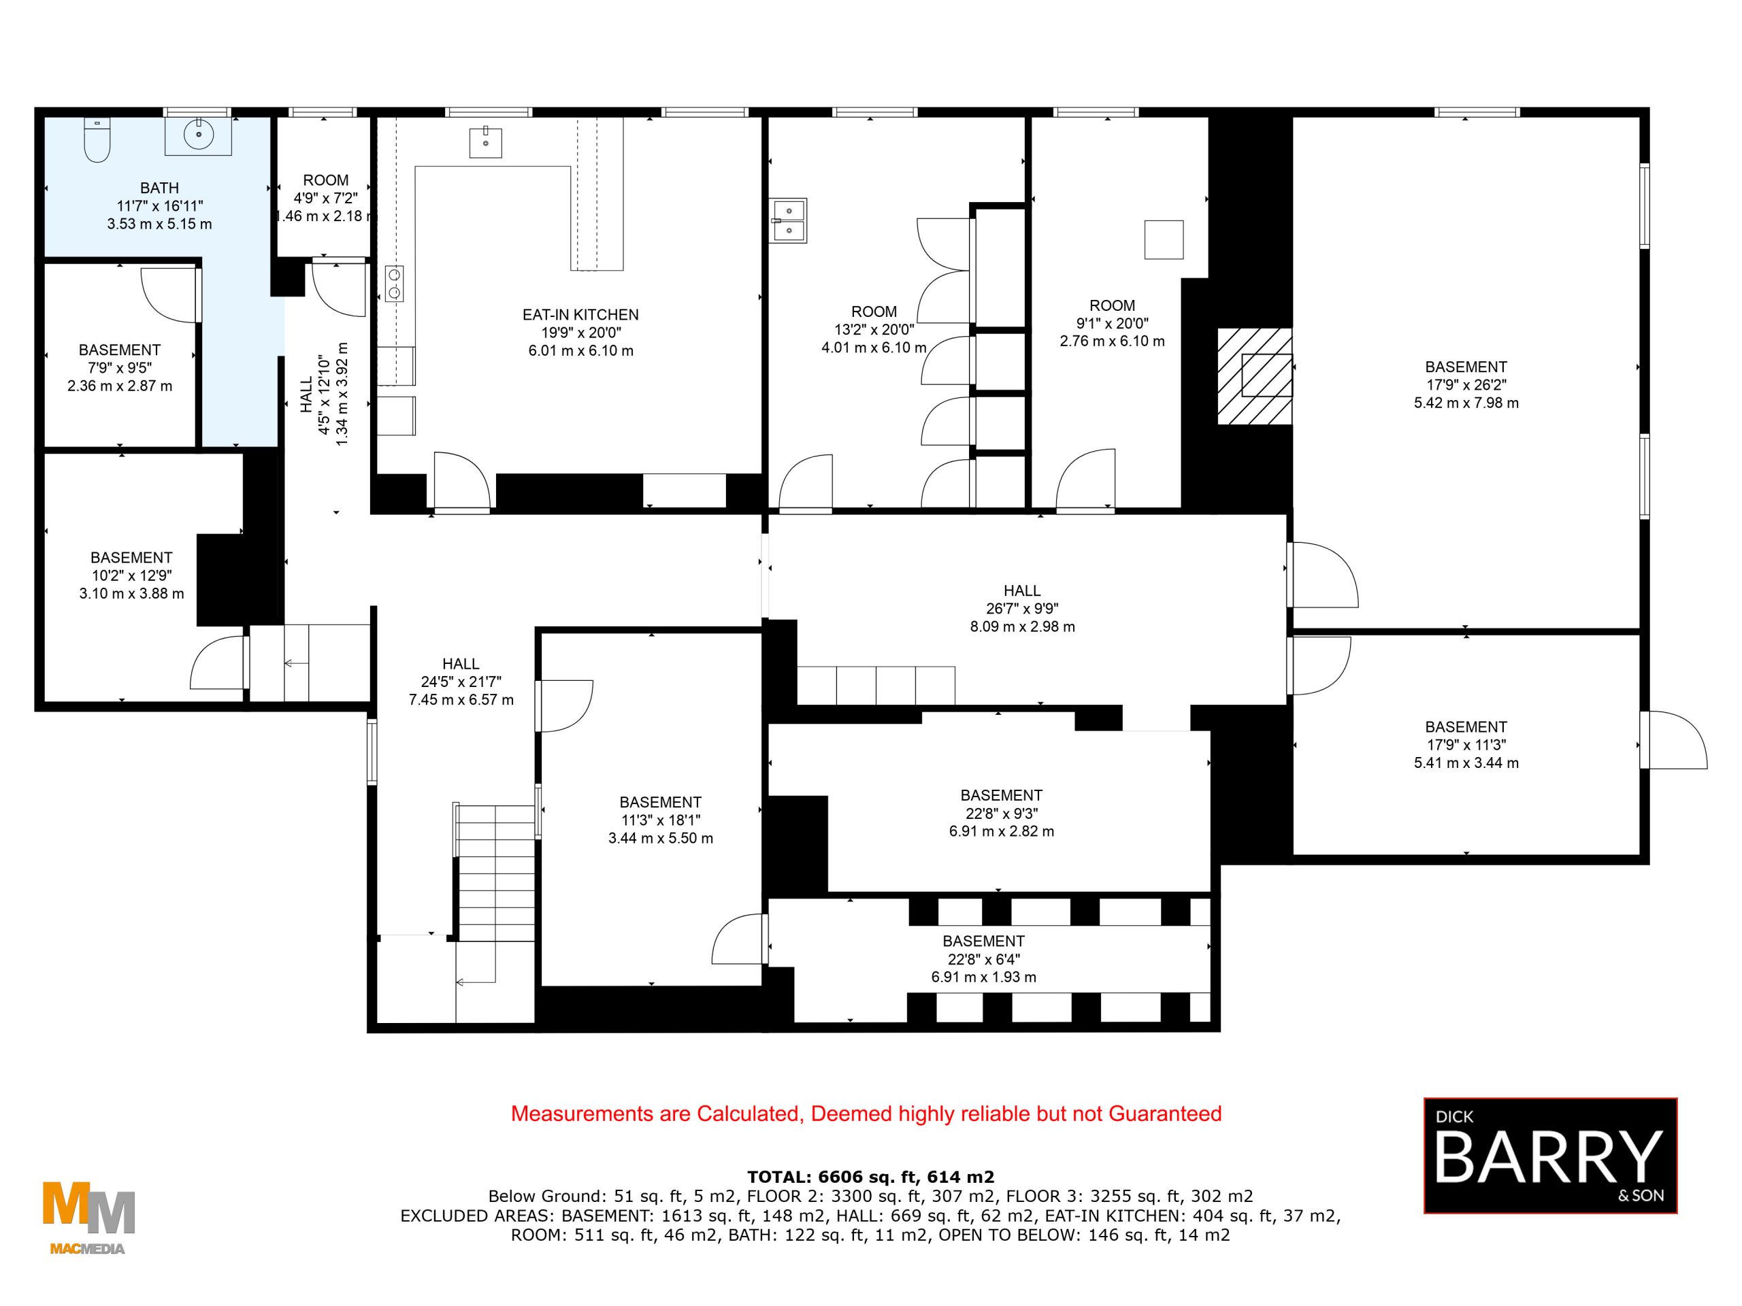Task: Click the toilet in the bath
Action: (97, 141)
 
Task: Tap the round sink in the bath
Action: (199, 135)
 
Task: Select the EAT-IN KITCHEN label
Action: (580, 315)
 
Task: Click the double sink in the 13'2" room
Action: (787, 220)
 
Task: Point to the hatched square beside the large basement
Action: (1255, 376)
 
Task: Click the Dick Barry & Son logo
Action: (1550, 1155)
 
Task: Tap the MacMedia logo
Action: (88, 1217)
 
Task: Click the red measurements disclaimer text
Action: (866, 1114)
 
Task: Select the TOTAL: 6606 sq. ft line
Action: (870, 1177)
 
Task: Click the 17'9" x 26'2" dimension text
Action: (1466, 385)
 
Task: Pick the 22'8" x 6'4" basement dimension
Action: (983, 959)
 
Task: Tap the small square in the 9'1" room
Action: (1163, 239)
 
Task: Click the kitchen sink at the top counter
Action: (485, 142)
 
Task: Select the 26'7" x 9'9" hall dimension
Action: (1022, 609)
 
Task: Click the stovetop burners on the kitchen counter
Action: (394, 284)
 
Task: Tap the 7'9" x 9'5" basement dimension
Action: (120, 367)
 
